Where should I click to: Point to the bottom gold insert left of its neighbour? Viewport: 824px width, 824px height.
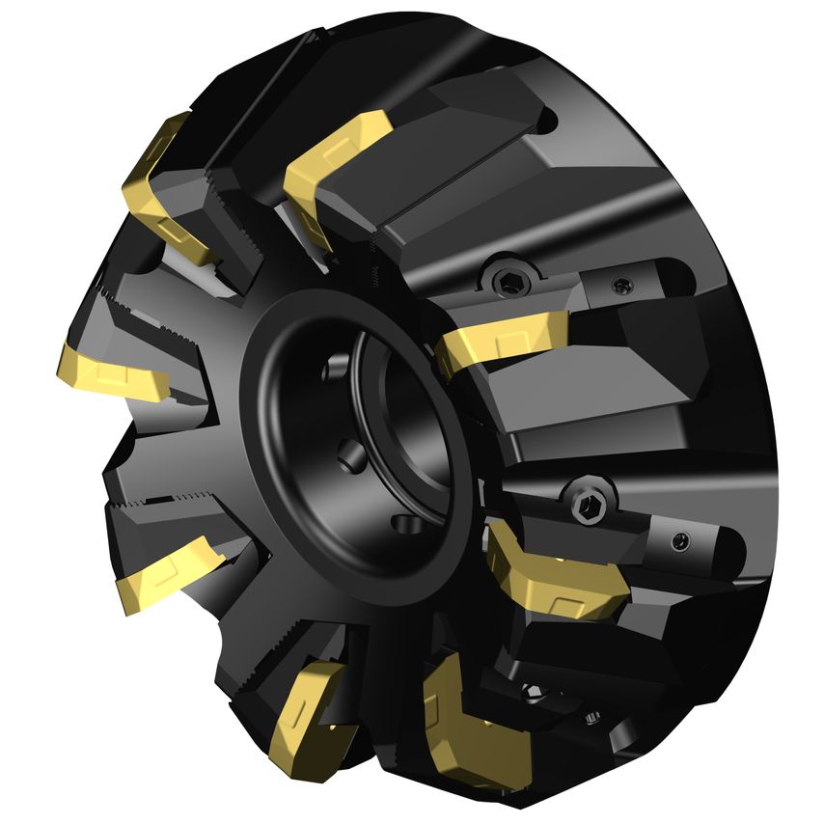tap(304, 704)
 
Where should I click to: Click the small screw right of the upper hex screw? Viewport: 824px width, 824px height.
tap(622, 285)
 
